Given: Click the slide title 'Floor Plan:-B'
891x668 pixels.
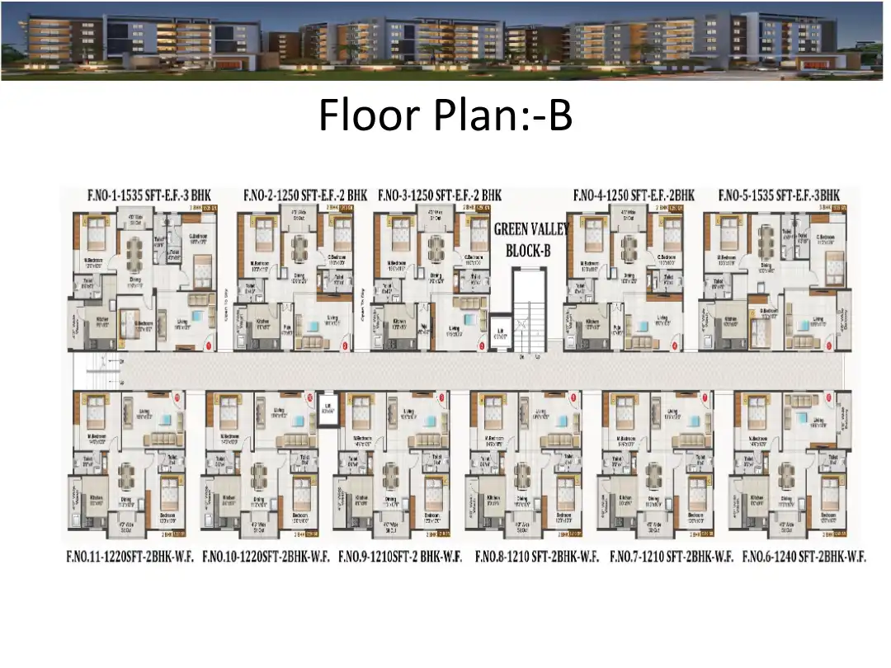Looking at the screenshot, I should [445, 115].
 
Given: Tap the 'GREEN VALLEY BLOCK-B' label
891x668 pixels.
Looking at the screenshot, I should [531, 239].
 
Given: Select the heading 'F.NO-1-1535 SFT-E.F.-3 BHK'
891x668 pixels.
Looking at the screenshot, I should [149, 195].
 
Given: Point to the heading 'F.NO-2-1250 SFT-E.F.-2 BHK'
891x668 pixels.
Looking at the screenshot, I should [304, 195].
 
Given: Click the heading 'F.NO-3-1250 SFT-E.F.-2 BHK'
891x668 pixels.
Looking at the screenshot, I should [440, 195].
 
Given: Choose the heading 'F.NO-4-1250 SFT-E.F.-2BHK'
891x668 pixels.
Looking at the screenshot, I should [634, 195].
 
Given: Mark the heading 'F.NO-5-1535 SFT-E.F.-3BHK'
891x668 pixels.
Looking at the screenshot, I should [779, 195].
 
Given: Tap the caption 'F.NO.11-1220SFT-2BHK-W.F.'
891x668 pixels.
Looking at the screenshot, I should [131, 557].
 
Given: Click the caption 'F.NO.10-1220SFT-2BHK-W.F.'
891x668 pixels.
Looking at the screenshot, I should [266, 557].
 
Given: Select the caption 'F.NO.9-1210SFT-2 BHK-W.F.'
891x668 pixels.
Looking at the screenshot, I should [401, 557].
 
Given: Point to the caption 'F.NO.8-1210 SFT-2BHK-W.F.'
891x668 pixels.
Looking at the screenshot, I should [536, 557].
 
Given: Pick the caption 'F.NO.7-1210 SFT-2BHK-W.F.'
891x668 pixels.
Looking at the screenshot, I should [671, 557].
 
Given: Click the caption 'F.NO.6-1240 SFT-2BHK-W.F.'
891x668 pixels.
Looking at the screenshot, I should [804, 557].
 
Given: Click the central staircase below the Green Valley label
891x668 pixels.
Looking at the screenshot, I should [529, 309].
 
